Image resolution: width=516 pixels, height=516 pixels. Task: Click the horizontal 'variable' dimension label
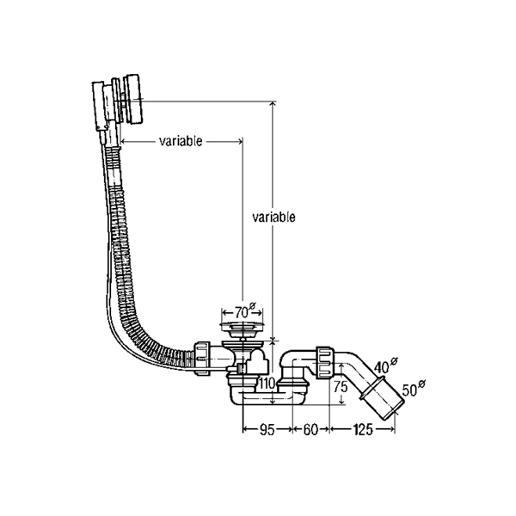(x=181, y=142)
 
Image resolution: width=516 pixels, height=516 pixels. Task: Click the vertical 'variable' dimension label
(x=274, y=218)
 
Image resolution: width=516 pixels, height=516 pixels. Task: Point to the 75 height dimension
(x=341, y=387)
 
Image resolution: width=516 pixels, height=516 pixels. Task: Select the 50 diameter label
(x=414, y=388)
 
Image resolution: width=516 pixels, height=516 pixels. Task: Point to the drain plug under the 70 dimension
(x=240, y=328)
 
